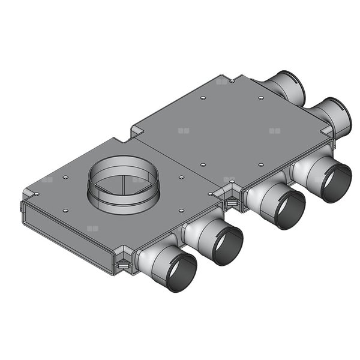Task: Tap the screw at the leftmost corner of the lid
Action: [x=32, y=193]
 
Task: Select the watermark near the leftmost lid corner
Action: [x=47, y=179]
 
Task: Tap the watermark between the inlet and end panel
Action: [x=91, y=229]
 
